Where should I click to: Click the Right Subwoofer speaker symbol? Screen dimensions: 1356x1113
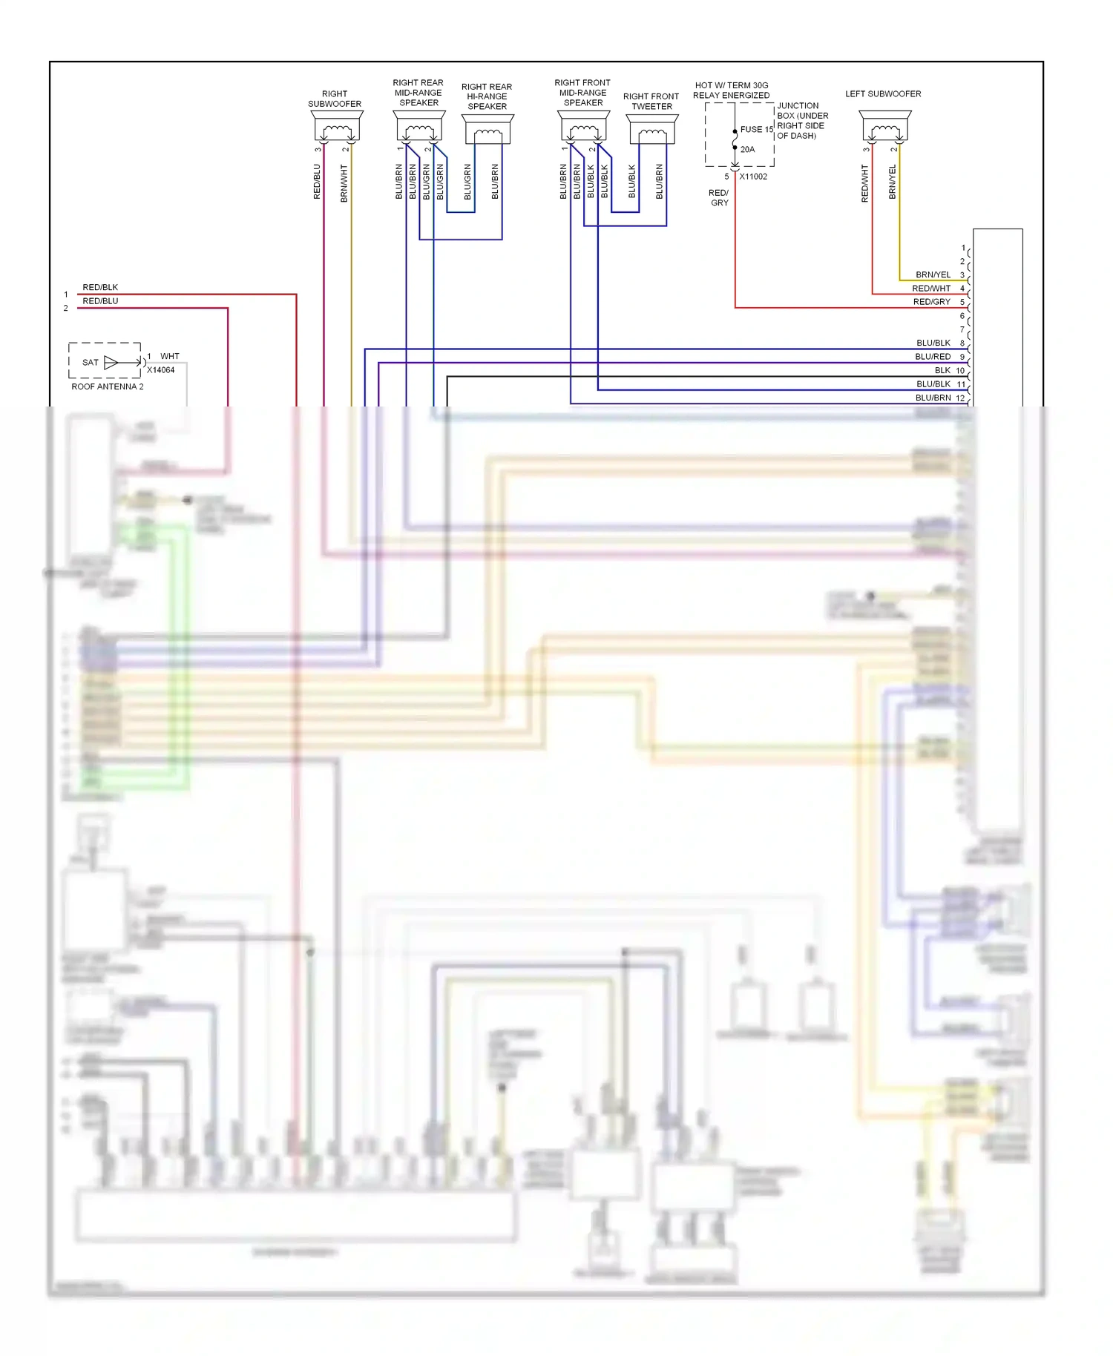(x=338, y=127)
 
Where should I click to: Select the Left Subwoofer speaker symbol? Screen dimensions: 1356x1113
(x=885, y=127)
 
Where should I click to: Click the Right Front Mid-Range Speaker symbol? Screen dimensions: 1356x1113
(x=584, y=127)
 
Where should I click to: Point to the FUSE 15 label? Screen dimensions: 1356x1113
(x=756, y=129)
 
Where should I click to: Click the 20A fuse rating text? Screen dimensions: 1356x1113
(x=747, y=149)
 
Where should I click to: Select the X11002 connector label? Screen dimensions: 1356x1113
(x=753, y=177)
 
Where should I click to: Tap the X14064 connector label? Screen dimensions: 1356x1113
(x=160, y=370)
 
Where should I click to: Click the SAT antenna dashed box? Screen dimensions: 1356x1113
(x=104, y=361)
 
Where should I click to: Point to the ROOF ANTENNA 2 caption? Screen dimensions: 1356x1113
(x=108, y=386)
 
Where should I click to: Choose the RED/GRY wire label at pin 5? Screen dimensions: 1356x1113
(x=931, y=302)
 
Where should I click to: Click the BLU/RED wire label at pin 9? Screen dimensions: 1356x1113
(x=933, y=357)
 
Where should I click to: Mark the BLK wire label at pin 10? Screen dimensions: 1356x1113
(x=942, y=370)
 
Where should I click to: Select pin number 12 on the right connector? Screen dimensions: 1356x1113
(x=960, y=398)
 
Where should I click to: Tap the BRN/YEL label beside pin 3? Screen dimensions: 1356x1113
(x=933, y=274)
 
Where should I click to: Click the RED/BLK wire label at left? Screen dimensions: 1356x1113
(x=100, y=287)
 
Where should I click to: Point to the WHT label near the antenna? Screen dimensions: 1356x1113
(x=170, y=356)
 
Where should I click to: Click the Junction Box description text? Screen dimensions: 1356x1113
(x=802, y=121)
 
